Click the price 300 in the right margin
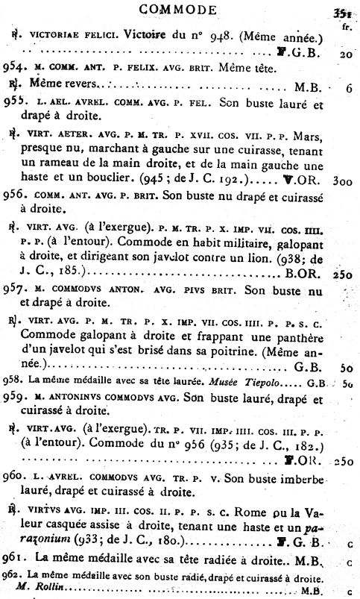pyautogui.click(x=342, y=181)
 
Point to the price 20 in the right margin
pyautogui.click(x=345, y=54)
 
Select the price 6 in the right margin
pyautogui.click(x=348, y=87)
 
